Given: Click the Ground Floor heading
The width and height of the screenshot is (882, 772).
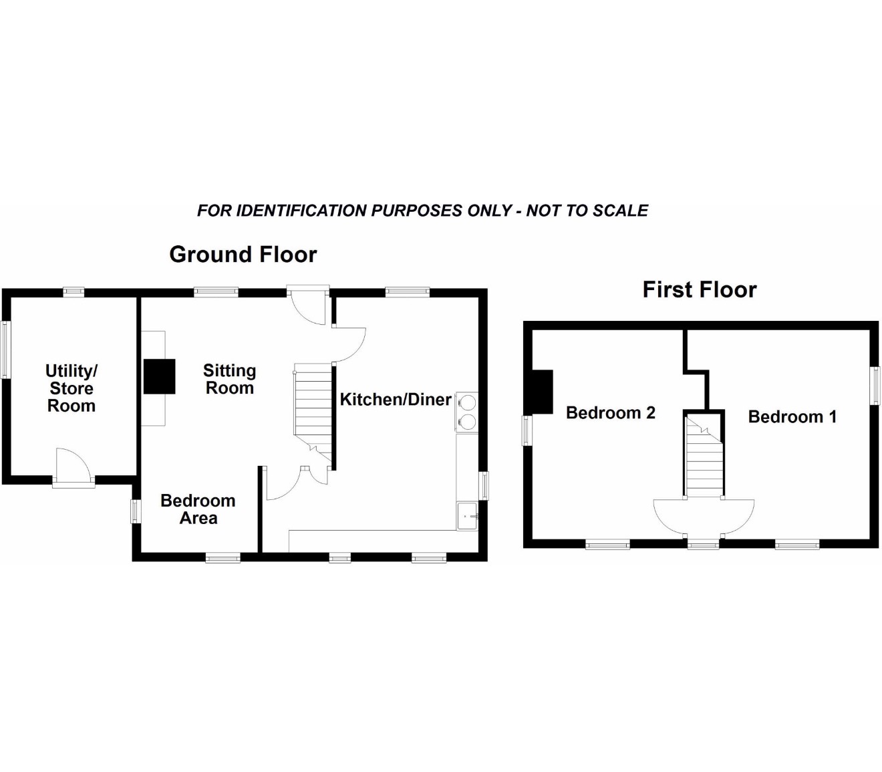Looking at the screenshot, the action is tap(243, 255).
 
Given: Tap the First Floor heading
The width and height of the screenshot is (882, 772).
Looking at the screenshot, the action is tap(699, 289).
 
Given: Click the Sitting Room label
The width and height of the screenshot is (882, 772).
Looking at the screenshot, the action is tap(229, 379).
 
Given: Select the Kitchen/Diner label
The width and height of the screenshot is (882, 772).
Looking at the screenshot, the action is tap(396, 400).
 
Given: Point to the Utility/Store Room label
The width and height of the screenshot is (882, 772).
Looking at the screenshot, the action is tap(71, 388).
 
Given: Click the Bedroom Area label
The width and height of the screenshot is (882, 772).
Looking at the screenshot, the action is tap(198, 509).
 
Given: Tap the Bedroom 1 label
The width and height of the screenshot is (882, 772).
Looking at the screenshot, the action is tap(792, 416).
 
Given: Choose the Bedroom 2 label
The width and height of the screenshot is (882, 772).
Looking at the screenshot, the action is tap(611, 413).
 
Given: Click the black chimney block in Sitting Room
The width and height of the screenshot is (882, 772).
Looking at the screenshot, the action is tap(159, 376).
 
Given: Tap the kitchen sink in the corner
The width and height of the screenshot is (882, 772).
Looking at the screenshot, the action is tap(467, 516).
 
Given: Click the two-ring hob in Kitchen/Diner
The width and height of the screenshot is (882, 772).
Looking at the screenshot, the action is tap(467, 412).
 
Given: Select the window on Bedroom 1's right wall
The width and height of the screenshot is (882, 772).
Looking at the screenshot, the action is tap(875, 386).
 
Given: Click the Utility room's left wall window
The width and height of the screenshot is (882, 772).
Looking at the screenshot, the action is tap(5, 350).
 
